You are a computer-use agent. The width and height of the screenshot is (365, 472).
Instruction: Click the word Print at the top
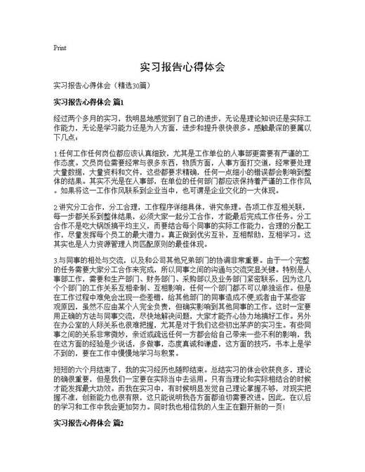click(60, 48)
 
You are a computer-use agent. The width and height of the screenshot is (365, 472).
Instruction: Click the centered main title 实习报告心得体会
click(182, 67)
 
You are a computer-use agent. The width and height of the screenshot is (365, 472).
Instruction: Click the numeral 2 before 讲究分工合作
click(55, 208)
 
